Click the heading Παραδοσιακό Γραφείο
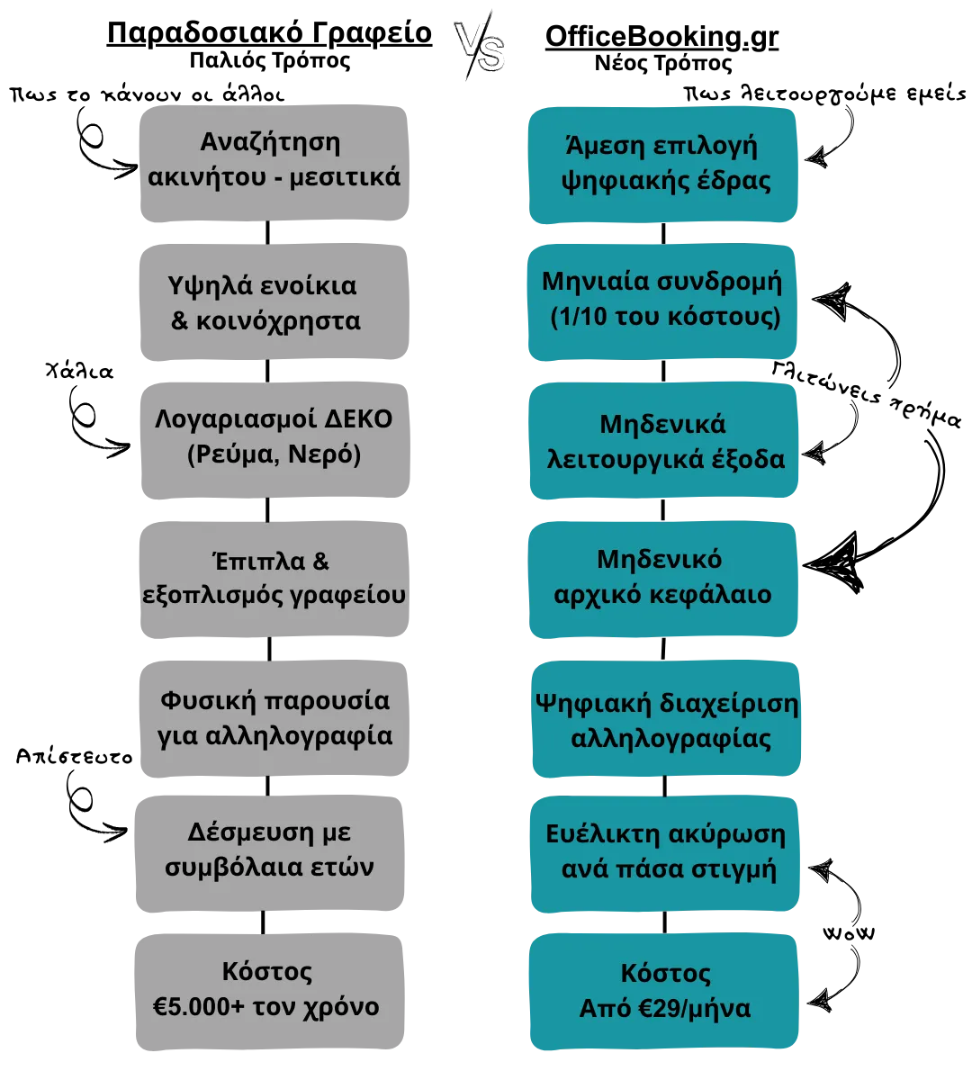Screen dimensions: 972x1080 click(269, 33)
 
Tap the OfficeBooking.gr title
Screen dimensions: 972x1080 click(661, 37)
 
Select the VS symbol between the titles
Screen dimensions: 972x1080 click(480, 46)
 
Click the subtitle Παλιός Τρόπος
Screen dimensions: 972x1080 click(270, 59)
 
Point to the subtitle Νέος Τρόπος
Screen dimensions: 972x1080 click(663, 63)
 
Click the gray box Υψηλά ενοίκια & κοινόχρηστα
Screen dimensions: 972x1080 click(274, 302)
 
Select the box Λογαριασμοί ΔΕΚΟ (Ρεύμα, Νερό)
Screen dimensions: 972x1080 click(274, 440)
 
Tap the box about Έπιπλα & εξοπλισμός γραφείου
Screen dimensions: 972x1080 click(274, 580)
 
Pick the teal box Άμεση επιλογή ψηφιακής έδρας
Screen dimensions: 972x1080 click(663, 165)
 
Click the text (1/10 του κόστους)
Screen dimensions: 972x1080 click(666, 317)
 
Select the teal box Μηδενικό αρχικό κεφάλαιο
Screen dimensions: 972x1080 click(663, 580)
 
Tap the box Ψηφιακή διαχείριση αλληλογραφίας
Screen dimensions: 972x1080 click(666, 719)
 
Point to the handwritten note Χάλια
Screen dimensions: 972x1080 click(79, 371)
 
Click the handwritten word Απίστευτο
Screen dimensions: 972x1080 click(75, 756)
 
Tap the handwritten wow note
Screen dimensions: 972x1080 click(849, 933)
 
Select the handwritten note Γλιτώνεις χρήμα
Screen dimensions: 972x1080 click(866, 394)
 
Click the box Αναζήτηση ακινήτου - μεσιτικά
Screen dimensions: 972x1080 click(274, 163)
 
